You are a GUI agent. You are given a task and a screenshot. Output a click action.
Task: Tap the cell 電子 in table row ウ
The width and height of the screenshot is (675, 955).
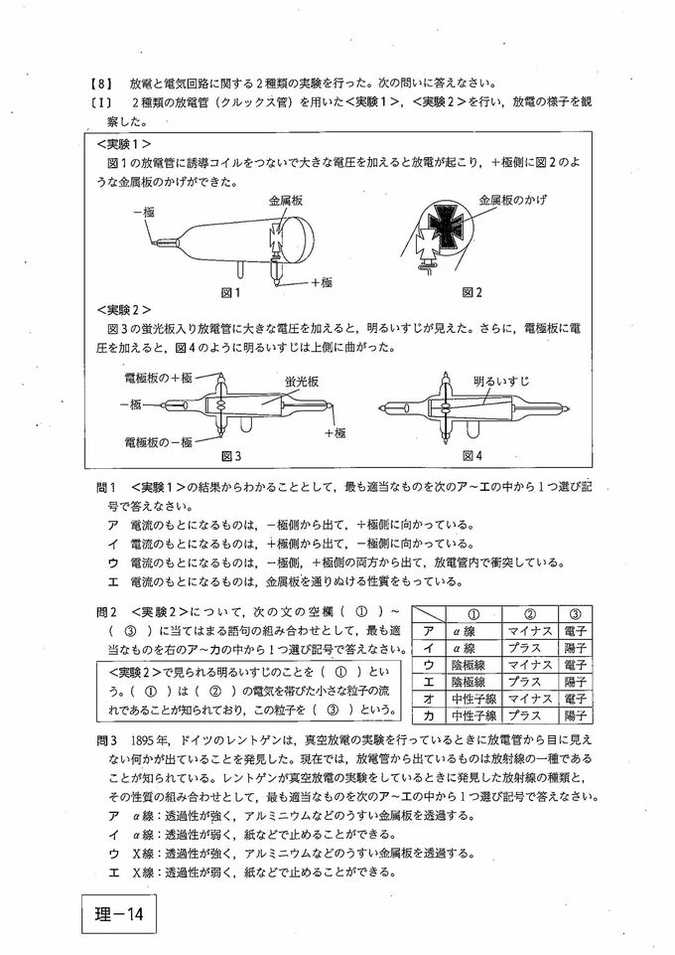point(577,664)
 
